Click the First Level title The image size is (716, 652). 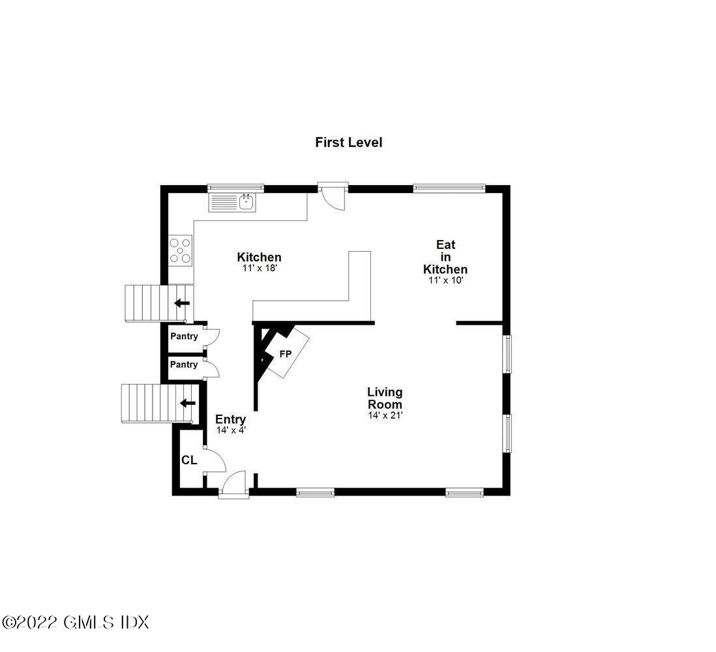tap(348, 142)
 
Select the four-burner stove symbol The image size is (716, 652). tap(181, 250)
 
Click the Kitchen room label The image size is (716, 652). tap(259, 258)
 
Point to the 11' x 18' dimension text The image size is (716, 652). tap(259, 268)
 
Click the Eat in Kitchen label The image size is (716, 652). tap(445, 257)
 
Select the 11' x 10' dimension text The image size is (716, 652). tap(445, 280)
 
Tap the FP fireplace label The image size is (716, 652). tap(285, 355)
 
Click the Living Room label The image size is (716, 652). tap(385, 398)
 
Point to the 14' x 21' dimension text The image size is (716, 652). tap(385, 415)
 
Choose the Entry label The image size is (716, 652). tap(231, 419)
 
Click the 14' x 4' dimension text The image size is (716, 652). tap(231, 430)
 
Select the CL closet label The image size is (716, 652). tap(189, 460)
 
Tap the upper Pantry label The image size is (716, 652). tap(184, 337)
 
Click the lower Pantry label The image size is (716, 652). tap(184, 364)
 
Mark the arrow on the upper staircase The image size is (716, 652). tap(182, 303)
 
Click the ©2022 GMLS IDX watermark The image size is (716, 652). tap(76, 622)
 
